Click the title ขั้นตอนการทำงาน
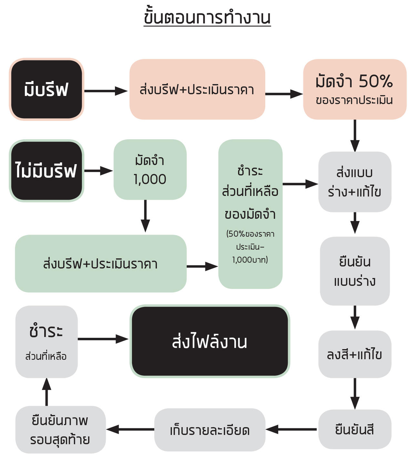pyautogui.click(x=207, y=18)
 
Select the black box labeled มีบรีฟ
pyautogui.click(x=46, y=89)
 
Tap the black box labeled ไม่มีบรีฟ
pyautogui.click(x=46, y=171)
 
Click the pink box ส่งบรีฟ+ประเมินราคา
pyautogui.click(x=197, y=89)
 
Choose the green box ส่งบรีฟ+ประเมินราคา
pyautogui.click(x=100, y=264)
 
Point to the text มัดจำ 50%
pyautogui.click(x=354, y=81)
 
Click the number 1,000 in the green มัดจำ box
pyautogui.click(x=150, y=179)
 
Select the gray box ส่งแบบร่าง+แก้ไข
pyautogui.click(x=355, y=182)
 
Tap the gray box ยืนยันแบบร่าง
pyautogui.click(x=355, y=271)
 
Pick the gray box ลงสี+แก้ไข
pyautogui.click(x=355, y=354)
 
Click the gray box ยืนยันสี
pyautogui.click(x=355, y=429)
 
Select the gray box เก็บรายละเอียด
pyautogui.click(x=210, y=430)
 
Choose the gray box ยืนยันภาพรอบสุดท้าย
pyautogui.click(x=60, y=430)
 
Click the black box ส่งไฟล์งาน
pyautogui.click(x=210, y=341)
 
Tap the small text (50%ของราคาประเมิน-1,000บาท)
pyautogui.click(x=250, y=247)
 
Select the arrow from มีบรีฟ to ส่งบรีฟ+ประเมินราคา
pyautogui.click(x=106, y=91)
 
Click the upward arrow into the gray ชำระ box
pyautogui.click(x=46, y=392)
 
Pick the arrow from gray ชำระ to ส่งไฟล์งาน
pyautogui.click(x=103, y=339)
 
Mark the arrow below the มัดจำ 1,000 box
pyautogui.click(x=145, y=216)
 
